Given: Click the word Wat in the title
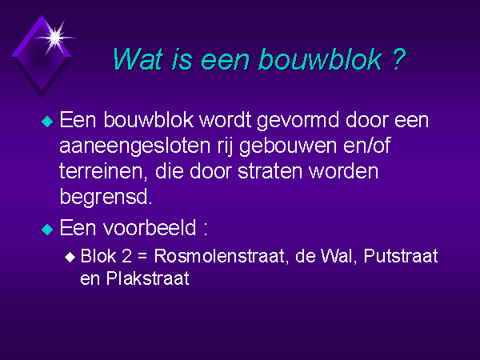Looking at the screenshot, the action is pos(137,58).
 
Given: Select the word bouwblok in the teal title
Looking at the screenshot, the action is pos(321,58).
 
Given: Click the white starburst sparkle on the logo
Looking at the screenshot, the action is pos(54,38).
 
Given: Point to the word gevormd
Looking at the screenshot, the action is pos(298,120).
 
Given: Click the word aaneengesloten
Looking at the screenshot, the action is pos(135,146).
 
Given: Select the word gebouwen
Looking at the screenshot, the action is pos(288,146).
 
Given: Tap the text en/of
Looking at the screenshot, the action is pos(366,145).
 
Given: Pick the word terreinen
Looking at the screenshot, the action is pos(102,171).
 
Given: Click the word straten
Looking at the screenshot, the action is pos(270,171).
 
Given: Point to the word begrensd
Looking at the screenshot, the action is pos(106,197).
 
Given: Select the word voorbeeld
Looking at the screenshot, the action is pos(150,228).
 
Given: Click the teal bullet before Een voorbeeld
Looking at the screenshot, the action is pos(47,229).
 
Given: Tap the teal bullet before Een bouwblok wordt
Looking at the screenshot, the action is pos(47,122).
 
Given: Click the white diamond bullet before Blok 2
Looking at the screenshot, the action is pos(70,257).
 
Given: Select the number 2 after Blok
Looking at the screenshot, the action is pos(126,256).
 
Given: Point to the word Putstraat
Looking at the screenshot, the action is pos(401,256).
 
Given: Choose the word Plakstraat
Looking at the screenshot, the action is pos(147,278).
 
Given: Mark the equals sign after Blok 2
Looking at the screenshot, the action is pos(142,257).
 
